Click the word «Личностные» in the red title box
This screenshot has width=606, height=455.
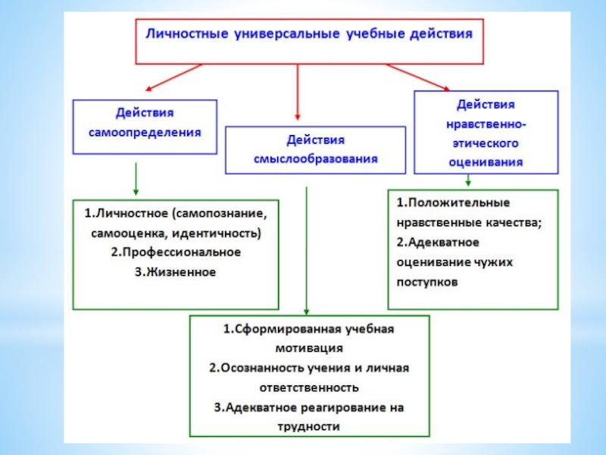click(186, 35)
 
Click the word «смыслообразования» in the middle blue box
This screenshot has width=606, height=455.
click(315, 159)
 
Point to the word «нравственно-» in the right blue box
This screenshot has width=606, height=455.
click(485, 123)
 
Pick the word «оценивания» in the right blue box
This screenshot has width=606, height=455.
click(485, 161)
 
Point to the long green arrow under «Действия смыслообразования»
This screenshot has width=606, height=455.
click(306, 250)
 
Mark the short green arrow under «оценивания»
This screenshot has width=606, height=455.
click(469, 180)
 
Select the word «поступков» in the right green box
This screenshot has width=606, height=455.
click(426, 281)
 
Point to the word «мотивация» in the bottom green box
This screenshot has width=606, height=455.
click(309, 349)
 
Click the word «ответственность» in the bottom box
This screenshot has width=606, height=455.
click(309, 388)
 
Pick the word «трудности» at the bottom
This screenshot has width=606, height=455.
click(309, 426)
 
